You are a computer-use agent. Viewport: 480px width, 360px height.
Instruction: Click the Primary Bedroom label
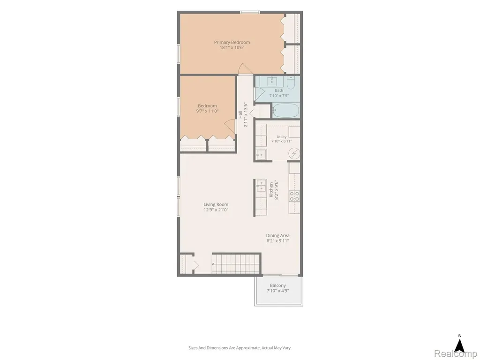(x=232, y=42)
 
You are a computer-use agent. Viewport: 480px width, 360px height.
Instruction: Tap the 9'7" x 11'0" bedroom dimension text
(x=207, y=111)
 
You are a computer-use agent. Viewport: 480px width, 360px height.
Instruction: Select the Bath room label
(x=279, y=90)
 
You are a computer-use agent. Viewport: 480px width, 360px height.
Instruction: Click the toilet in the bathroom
(x=291, y=82)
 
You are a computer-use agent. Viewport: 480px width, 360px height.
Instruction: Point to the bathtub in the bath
(x=285, y=111)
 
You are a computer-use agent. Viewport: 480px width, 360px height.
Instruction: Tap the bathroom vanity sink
(x=271, y=82)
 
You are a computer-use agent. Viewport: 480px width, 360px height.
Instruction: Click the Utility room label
(x=282, y=137)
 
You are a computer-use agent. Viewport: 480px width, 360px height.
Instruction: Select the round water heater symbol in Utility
(x=294, y=153)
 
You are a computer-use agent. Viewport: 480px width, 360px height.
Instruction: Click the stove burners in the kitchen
(x=294, y=196)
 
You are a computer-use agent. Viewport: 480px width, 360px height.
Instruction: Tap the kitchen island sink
(x=261, y=186)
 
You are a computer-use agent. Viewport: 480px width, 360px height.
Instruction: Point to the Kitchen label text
(x=271, y=190)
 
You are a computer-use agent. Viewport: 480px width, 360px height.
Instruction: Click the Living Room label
(x=216, y=204)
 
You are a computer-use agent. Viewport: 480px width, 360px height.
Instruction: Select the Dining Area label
(x=277, y=235)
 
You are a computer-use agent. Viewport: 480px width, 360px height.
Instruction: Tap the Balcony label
(x=277, y=285)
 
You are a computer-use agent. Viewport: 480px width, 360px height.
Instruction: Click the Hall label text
(x=240, y=114)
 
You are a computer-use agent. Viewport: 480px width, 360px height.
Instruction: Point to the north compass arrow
(x=459, y=346)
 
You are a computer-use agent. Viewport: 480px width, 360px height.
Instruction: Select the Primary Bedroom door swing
(x=245, y=69)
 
